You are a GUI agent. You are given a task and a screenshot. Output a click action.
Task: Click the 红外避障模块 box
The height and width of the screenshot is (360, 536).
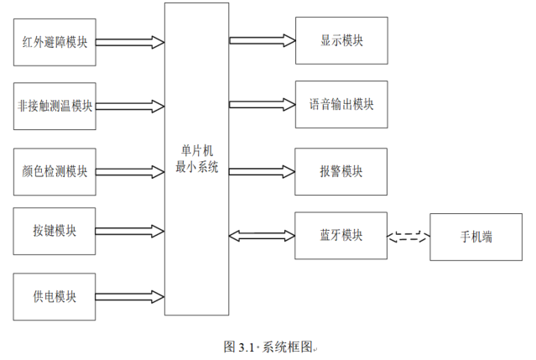[55, 40]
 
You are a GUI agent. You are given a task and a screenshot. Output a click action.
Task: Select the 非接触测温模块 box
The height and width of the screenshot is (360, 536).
[55, 106]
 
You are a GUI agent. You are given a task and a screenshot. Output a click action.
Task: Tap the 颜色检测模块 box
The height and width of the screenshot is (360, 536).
[55, 171]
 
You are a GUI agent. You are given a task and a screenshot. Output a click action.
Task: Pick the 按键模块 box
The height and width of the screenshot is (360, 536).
[55, 231]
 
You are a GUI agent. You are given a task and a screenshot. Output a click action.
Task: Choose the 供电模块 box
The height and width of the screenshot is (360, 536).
[55, 296]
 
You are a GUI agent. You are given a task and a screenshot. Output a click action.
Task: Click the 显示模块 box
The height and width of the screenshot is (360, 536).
[341, 39]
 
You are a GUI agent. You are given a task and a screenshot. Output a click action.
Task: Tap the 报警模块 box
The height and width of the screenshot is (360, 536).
[341, 170]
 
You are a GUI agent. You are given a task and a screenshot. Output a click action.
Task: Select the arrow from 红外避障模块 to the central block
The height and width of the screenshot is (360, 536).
[131, 40]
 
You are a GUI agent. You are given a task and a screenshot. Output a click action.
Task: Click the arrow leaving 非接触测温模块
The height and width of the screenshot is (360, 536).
[131, 106]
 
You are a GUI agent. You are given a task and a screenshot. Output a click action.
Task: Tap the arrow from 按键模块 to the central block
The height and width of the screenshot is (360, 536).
[131, 231]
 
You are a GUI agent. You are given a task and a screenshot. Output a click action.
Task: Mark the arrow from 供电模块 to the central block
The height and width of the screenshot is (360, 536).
[131, 296]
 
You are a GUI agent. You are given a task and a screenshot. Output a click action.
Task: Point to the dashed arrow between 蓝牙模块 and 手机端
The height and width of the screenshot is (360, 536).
[408, 237]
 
